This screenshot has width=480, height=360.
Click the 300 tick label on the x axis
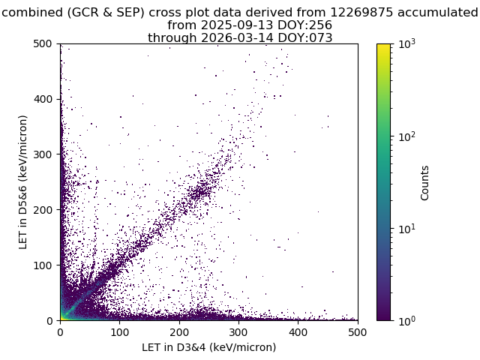[238, 332]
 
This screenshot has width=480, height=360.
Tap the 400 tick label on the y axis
[43, 99]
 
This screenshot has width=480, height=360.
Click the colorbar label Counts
[424, 183]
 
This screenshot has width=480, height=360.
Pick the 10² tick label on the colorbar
[407, 136]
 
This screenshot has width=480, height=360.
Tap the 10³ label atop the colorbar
[407, 44]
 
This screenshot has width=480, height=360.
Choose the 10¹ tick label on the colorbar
[407, 229]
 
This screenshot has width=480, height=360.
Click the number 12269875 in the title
[361, 13]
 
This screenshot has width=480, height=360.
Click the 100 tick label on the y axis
[43, 265]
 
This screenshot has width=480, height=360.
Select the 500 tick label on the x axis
[358, 332]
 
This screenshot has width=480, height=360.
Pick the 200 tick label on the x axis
[179, 332]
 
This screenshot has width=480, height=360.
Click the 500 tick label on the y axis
[43, 43]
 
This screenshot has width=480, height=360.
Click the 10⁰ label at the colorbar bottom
[407, 321]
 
